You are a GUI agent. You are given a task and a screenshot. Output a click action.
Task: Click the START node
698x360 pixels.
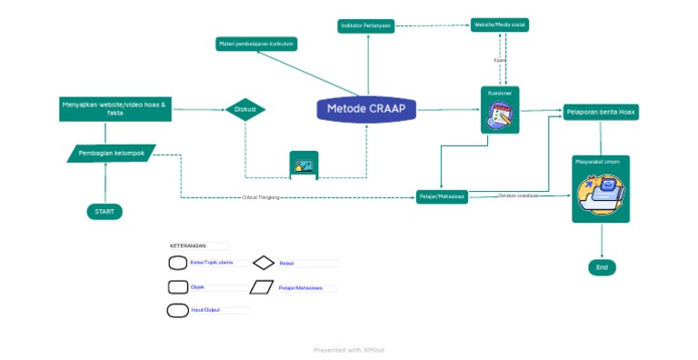105,212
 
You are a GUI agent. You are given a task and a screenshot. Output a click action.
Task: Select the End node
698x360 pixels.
602,267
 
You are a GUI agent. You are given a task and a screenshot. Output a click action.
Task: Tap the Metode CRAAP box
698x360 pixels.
366,109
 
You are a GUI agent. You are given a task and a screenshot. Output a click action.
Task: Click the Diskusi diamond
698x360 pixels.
245,109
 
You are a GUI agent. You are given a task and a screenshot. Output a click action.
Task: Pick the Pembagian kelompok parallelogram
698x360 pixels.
112,153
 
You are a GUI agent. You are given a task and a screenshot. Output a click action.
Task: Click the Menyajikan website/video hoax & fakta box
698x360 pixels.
115,108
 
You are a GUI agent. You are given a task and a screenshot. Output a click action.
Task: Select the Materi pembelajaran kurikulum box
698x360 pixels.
256,44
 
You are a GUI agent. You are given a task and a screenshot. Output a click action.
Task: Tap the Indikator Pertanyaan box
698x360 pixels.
366,26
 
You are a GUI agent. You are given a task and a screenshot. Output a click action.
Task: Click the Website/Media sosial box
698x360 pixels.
500,25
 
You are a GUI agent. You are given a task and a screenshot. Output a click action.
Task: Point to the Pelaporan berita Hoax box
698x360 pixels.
601,112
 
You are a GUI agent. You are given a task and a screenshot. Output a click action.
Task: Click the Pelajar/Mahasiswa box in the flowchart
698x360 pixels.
443,196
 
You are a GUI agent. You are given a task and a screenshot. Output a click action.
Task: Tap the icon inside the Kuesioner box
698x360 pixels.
500,116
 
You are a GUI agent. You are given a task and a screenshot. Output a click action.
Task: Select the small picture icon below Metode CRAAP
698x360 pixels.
304,165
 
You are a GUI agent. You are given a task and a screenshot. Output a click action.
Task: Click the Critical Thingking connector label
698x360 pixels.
261,197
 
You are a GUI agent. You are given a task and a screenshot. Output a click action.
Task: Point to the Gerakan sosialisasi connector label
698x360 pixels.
518,195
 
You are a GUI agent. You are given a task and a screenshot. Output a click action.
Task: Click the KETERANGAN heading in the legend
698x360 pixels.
189,245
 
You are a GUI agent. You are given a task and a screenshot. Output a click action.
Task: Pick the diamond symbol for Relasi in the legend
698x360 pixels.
264,263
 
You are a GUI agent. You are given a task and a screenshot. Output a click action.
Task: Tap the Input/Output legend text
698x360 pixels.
205,310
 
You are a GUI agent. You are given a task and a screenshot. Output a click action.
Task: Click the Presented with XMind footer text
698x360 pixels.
349,350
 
